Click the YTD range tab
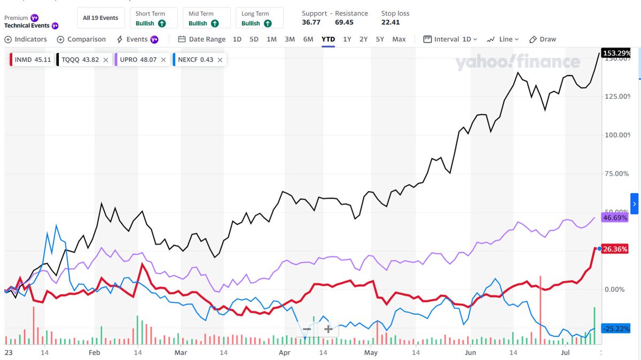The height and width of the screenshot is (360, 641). pos(328,39)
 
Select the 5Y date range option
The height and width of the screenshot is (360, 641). pos(380,39)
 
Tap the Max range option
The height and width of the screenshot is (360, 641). pos(399,39)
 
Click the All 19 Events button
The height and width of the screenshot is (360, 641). pos(100,18)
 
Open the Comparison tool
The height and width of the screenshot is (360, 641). pos(81,39)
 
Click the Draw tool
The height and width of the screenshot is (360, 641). pos(543,39)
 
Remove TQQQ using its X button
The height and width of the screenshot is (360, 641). pos(106,60)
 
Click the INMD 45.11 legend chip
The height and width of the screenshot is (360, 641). pos(32,60)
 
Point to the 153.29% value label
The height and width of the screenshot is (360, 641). pos(616,53)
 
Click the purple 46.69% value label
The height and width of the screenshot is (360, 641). pos(614,218)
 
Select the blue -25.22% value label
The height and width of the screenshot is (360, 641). pos(615,328)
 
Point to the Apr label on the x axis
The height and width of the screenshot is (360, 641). pos(285,353)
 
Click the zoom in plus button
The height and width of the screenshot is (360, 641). pos(328,329)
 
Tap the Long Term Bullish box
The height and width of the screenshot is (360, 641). pos(257,18)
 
